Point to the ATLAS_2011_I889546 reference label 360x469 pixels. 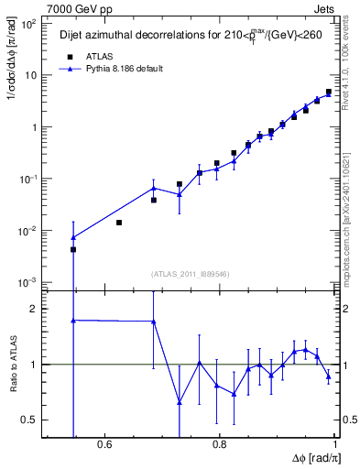[191, 273]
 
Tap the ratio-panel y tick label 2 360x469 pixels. [31, 309]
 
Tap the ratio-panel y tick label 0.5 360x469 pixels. [27, 420]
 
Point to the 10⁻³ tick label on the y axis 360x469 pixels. [27, 282]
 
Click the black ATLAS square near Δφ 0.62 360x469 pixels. [119, 223]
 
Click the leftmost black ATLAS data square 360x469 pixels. [73, 249]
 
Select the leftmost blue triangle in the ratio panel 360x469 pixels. [73, 320]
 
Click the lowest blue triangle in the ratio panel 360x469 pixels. [180, 402]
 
